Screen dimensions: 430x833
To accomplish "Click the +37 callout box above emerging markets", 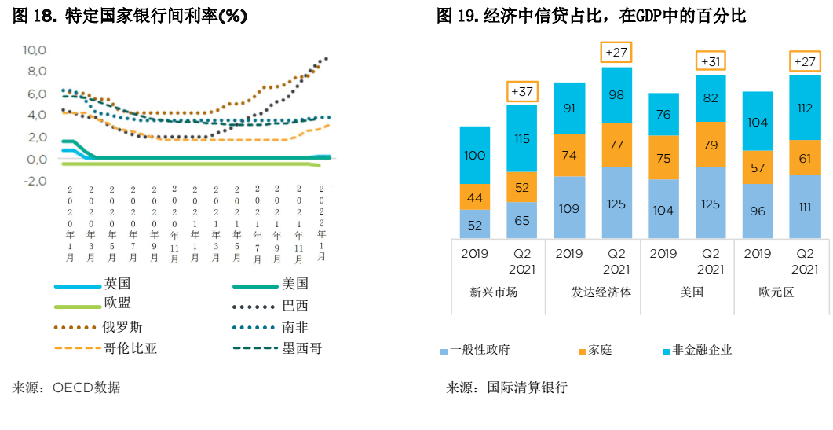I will pos(522,92).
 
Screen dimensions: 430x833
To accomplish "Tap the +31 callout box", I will pos(711,62).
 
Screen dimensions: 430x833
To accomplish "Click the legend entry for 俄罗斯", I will pos(122,327).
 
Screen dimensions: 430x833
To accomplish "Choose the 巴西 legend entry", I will pos(295,306).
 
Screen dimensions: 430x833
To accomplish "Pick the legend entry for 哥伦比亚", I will pos(130,348).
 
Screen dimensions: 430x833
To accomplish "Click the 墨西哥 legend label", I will pos(302,348).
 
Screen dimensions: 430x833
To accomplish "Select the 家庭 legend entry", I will pos(599,350).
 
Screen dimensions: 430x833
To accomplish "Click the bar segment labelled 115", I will pos(522,138).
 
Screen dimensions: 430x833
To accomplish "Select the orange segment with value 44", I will pos(475,197).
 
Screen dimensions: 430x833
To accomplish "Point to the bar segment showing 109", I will pos(569,208).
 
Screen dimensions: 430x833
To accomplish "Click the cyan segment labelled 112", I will pos(805,108).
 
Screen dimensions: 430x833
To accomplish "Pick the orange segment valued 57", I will pos(758,167).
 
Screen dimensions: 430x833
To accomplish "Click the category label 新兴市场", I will pos(494,292).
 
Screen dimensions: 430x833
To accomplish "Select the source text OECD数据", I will pos(86,387).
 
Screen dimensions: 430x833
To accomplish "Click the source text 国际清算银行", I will pos(527,387).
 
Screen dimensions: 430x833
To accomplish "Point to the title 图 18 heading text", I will pos(130,17).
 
